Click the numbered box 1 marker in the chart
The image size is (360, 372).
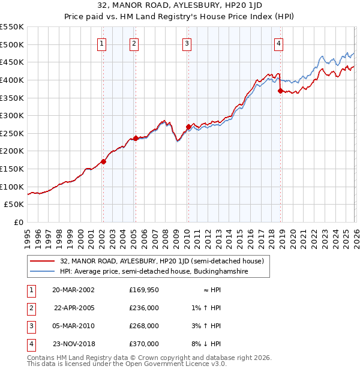102,43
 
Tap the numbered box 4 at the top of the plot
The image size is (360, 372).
279,43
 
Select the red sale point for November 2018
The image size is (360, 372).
280,91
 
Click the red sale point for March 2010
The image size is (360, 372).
188,127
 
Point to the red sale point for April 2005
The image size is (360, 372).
136,138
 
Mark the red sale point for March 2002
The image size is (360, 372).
103,161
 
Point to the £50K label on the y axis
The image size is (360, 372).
14,205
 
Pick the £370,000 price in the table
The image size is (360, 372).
144,344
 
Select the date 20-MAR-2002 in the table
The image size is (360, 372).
73,289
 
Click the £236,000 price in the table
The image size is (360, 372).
144,307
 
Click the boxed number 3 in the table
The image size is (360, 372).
29,326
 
